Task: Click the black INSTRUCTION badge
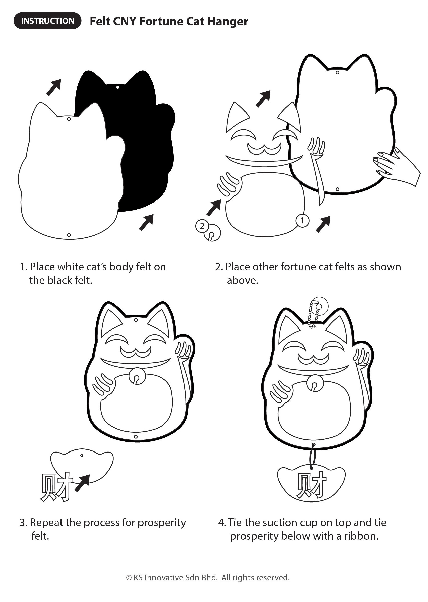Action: coord(47,21)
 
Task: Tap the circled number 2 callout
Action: coord(202,226)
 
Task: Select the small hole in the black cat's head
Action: coord(118,87)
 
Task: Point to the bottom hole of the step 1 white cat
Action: coord(69,235)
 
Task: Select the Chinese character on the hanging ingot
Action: coord(311,485)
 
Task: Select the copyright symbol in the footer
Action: coord(129,578)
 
